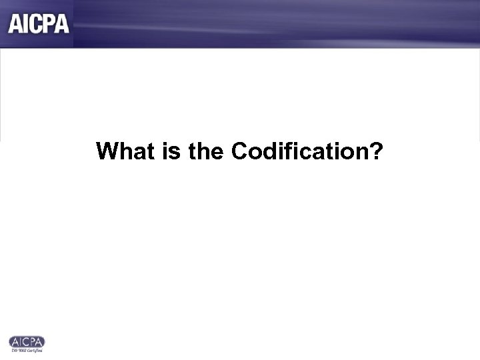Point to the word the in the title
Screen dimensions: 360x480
pos(205,151)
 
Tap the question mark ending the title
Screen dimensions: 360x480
pos(377,151)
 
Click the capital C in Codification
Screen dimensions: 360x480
pos(239,151)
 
